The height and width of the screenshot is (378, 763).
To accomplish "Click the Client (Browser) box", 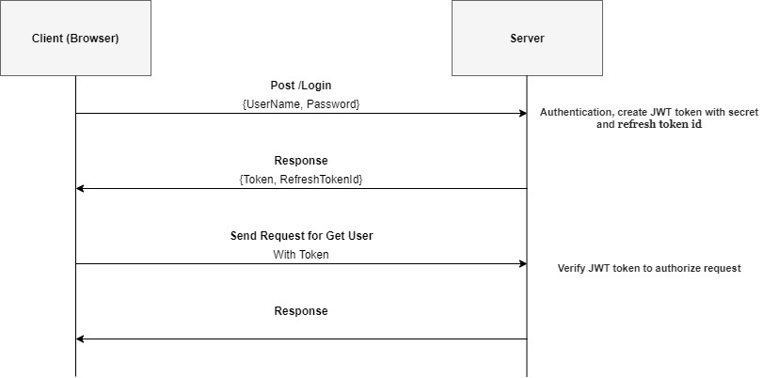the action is click(75, 38).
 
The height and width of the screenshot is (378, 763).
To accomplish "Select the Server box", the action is click(527, 38).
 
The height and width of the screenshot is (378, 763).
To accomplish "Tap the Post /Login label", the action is click(301, 86).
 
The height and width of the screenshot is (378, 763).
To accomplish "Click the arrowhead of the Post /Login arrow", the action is click(523, 114).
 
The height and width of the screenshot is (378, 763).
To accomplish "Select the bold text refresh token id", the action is click(660, 124).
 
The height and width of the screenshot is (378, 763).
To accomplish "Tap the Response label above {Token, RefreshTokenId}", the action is click(301, 161).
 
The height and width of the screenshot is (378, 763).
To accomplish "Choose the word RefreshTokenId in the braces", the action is click(320, 180).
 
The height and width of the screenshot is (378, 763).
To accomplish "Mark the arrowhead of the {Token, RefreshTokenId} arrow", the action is click(80, 188).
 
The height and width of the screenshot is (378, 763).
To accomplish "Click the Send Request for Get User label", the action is click(302, 236).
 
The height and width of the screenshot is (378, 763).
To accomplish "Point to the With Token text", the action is click(301, 255).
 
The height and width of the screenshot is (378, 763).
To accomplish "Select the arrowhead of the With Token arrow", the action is click(523, 263).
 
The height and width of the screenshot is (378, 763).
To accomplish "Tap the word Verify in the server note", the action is click(570, 268).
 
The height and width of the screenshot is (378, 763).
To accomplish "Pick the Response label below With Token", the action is click(301, 311).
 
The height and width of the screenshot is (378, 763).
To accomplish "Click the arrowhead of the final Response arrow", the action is click(80, 339).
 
